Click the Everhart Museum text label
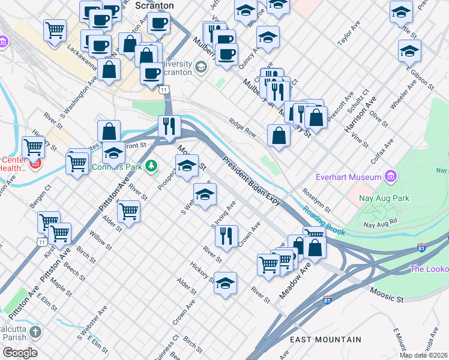pos(349,177)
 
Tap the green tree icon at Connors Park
pos(152,165)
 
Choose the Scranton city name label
pos(154,5)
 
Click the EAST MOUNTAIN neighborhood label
pos(325,340)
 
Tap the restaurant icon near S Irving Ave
pos(226,235)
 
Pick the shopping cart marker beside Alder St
pos(128,211)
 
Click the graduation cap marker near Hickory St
pos(225,283)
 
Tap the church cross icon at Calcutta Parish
pos(35,332)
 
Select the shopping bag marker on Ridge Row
pos(279,135)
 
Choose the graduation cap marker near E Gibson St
pos(409,51)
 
